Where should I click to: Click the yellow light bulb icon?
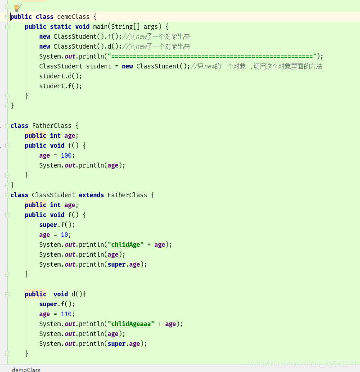[x=17, y=8]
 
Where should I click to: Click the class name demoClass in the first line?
[x=73, y=17]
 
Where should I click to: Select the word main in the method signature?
[x=100, y=27]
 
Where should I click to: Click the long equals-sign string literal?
[x=212, y=56]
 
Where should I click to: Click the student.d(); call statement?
[x=61, y=76]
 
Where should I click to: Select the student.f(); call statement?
[x=61, y=86]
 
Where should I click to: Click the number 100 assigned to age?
[x=66, y=155]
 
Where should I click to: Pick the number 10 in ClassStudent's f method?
[x=64, y=235]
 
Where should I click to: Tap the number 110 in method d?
[x=66, y=314]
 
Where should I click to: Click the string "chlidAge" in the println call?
[x=126, y=245]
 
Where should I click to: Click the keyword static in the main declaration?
[x=61, y=27]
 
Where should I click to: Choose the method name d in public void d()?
[x=73, y=294]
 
